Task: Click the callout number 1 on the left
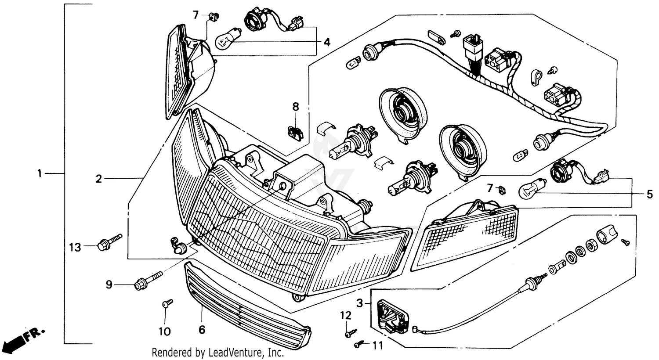click(x=39, y=174)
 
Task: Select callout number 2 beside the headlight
click(x=99, y=178)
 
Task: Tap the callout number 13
click(x=75, y=248)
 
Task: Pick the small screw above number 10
click(x=167, y=303)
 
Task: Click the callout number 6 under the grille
click(x=202, y=329)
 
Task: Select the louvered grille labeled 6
click(x=246, y=303)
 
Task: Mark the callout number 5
click(x=649, y=194)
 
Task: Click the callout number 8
click(x=295, y=106)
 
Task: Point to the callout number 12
click(x=346, y=315)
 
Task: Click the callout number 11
click(x=377, y=346)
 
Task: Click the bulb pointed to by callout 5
click(x=532, y=190)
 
